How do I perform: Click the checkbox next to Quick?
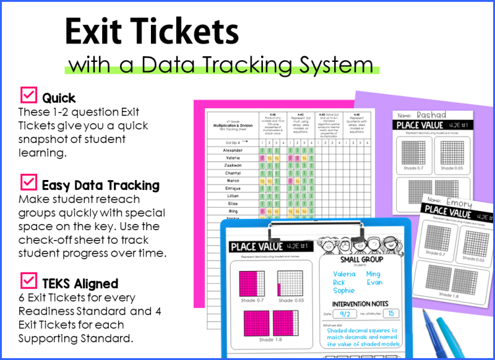click(x=28, y=96)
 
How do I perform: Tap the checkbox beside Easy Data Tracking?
click(x=28, y=183)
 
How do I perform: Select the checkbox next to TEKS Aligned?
click(x=28, y=281)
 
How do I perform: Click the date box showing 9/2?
click(x=345, y=314)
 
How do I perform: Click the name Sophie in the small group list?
click(x=343, y=290)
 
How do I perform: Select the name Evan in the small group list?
click(x=374, y=282)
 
